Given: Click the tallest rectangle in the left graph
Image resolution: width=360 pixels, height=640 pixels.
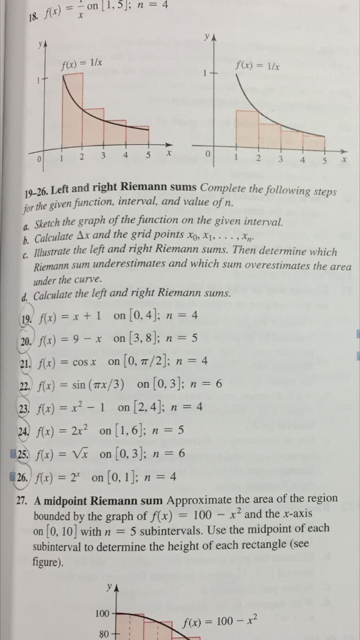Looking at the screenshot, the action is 72,110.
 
